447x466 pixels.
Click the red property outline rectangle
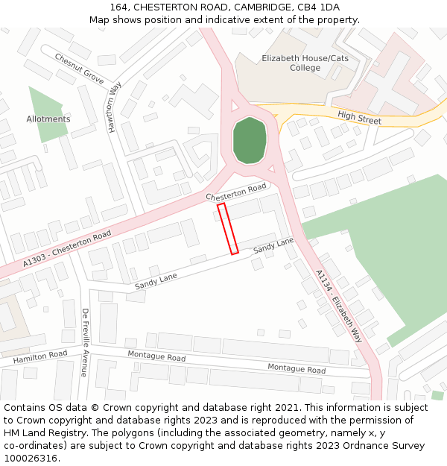pyautogui.click(x=228, y=228)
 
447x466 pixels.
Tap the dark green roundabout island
pyautogui.click(x=249, y=139)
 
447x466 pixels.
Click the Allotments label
pyautogui.click(x=48, y=119)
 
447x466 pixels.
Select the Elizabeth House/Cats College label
pyautogui.click(x=296, y=63)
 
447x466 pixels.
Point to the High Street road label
pyautogui.click(x=359, y=117)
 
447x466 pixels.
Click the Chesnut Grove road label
pyautogui.click(x=79, y=68)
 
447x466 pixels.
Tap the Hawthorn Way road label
pyautogui.click(x=114, y=107)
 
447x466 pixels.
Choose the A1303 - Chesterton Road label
pyautogui.click(x=66, y=248)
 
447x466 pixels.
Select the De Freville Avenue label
pyautogui.click(x=85, y=342)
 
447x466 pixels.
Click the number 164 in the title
pyautogui.click(x=118, y=7)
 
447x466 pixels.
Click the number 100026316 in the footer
pyautogui.click(x=30, y=459)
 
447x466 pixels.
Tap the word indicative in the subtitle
pyautogui.click(x=232, y=20)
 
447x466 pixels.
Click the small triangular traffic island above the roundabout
pyautogui.click(x=235, y=107)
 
